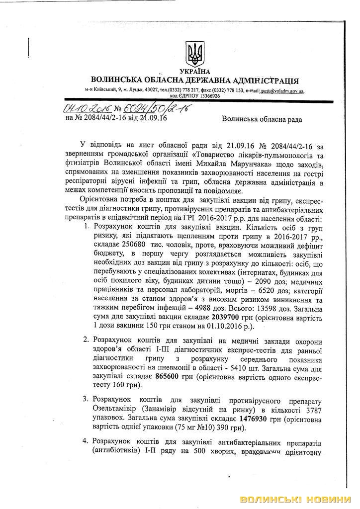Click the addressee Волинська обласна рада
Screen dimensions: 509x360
pyautogui.click(x=262, y=119)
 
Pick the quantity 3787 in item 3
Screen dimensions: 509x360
pyautogui.click(x=312, y=410)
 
